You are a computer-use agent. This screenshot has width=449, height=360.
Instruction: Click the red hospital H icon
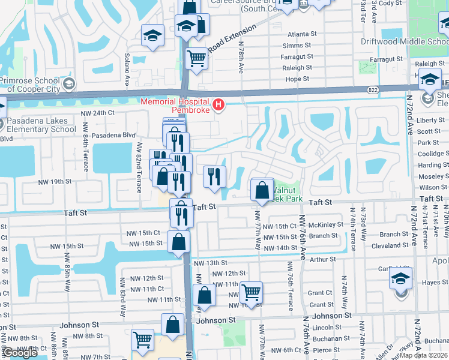click(218, 106)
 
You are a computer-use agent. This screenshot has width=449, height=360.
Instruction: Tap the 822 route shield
click(373, 89)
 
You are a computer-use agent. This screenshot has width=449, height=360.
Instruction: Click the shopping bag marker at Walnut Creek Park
click(262, 191)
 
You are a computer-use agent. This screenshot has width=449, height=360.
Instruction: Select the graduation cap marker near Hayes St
click(400, 279)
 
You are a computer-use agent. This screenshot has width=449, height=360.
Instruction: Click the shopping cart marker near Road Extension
click(196, 59)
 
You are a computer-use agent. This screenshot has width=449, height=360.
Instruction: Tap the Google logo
click(20, 353)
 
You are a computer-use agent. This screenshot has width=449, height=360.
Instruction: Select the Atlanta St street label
click(301, 34)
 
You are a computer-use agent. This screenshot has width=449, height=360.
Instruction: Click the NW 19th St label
click(55, 181)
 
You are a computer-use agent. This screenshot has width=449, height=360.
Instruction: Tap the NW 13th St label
click(210, 263)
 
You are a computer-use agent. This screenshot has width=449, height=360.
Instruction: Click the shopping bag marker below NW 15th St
click(179, 242)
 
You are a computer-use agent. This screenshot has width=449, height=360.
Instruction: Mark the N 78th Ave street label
click(240, 57)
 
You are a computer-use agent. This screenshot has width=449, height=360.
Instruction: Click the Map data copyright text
click(423, 355)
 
